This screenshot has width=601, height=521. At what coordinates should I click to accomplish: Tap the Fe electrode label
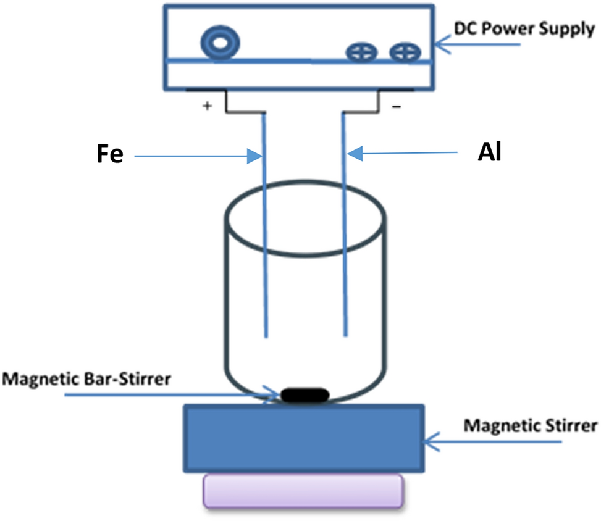[x=112, y=156]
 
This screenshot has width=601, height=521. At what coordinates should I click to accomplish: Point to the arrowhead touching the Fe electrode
[x=256, y=156]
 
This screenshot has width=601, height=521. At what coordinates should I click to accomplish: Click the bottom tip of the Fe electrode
[x=266, y=336]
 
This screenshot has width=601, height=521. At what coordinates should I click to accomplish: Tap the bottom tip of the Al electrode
[x=343, y=336]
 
